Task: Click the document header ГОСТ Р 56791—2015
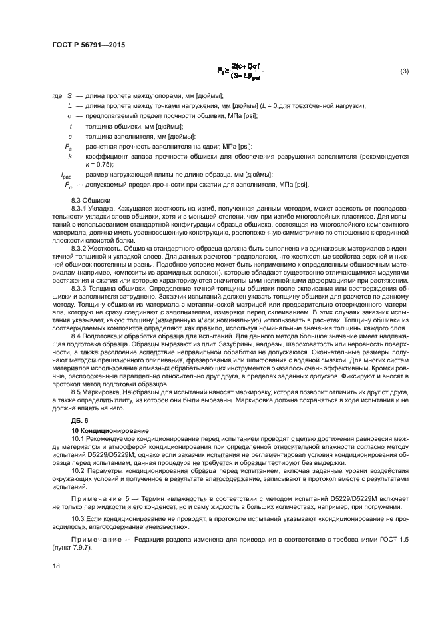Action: click(x=89, y=45)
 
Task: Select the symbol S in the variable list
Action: click(x=69, y=97)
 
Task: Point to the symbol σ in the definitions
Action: click(x=69, y=116)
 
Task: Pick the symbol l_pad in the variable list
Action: click(x=67, y=174)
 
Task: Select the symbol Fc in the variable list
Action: click(x=68, y=184)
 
